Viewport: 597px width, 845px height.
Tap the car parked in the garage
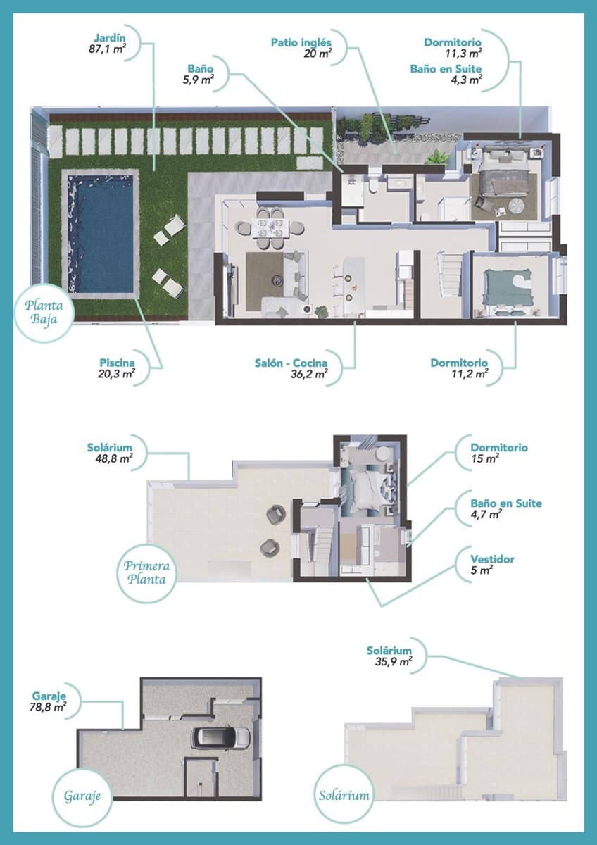coord(221,737)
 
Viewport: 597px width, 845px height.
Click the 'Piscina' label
coord(116,363)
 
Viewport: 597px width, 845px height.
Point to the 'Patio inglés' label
coord(301,42)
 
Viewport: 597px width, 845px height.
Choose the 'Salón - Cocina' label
coord(291,363)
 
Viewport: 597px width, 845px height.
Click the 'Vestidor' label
coord(492,559)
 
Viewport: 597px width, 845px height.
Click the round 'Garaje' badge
coord(77,796)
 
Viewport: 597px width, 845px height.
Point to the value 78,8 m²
coord(49,706)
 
